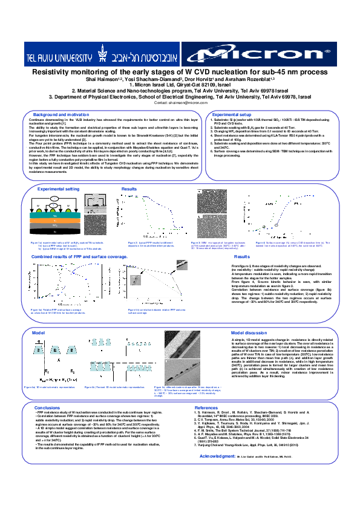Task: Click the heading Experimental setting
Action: [x=59, y=189]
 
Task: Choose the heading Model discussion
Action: [x=249, y=332]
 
